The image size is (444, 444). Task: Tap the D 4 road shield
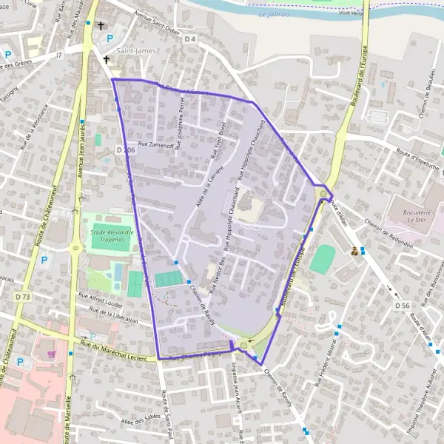[x=190, y=38]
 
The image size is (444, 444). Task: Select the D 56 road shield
[x=402, y=305]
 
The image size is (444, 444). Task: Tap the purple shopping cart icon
[x=51, y=354]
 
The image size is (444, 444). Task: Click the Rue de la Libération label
[x=112, y=315]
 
